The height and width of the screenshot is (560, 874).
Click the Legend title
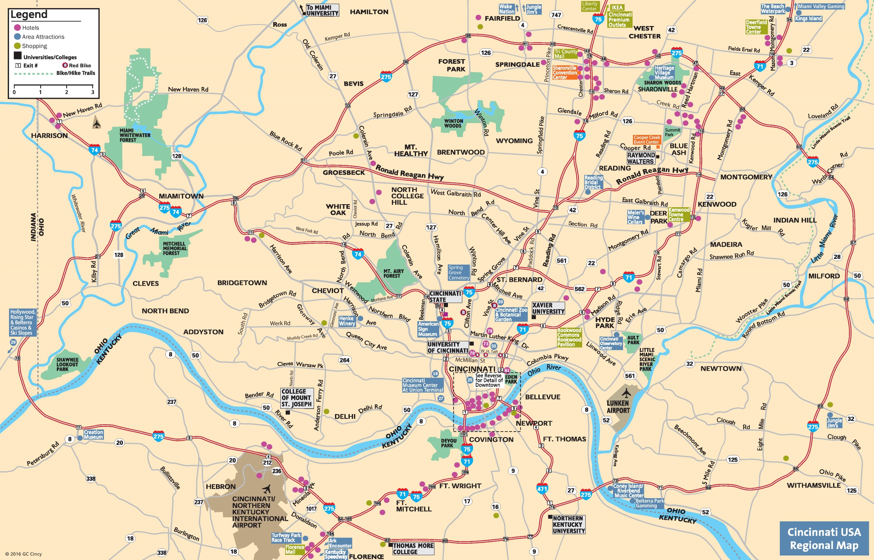coord(29,14)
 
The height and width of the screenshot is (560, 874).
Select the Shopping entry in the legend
coord(34,46)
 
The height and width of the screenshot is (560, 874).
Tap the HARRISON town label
coord(50,136)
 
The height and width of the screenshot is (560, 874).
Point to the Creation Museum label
coord(93,434)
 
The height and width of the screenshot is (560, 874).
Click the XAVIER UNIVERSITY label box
coord(548,308)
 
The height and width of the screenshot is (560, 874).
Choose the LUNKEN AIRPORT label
coord(618,406)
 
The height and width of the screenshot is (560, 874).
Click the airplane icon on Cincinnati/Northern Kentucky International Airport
coord(267,489)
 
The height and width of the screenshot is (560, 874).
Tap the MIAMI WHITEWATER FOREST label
coord(135,135)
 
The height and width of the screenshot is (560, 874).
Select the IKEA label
coord(617,7)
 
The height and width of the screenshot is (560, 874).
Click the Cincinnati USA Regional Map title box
coord(824,538)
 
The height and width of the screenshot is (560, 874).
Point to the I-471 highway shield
coord(542,489)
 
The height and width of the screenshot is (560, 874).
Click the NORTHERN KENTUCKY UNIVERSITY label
coord(569,524)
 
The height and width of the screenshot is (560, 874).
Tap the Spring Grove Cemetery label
coord(458,272)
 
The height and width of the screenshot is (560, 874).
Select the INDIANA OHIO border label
coord(37,227)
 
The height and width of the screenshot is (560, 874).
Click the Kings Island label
coord(808,19)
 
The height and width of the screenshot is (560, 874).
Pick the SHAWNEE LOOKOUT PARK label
coord(67,364)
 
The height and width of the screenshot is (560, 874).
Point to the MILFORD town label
coord(824,276)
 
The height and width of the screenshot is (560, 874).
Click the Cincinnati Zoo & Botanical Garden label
coord(511,315)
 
